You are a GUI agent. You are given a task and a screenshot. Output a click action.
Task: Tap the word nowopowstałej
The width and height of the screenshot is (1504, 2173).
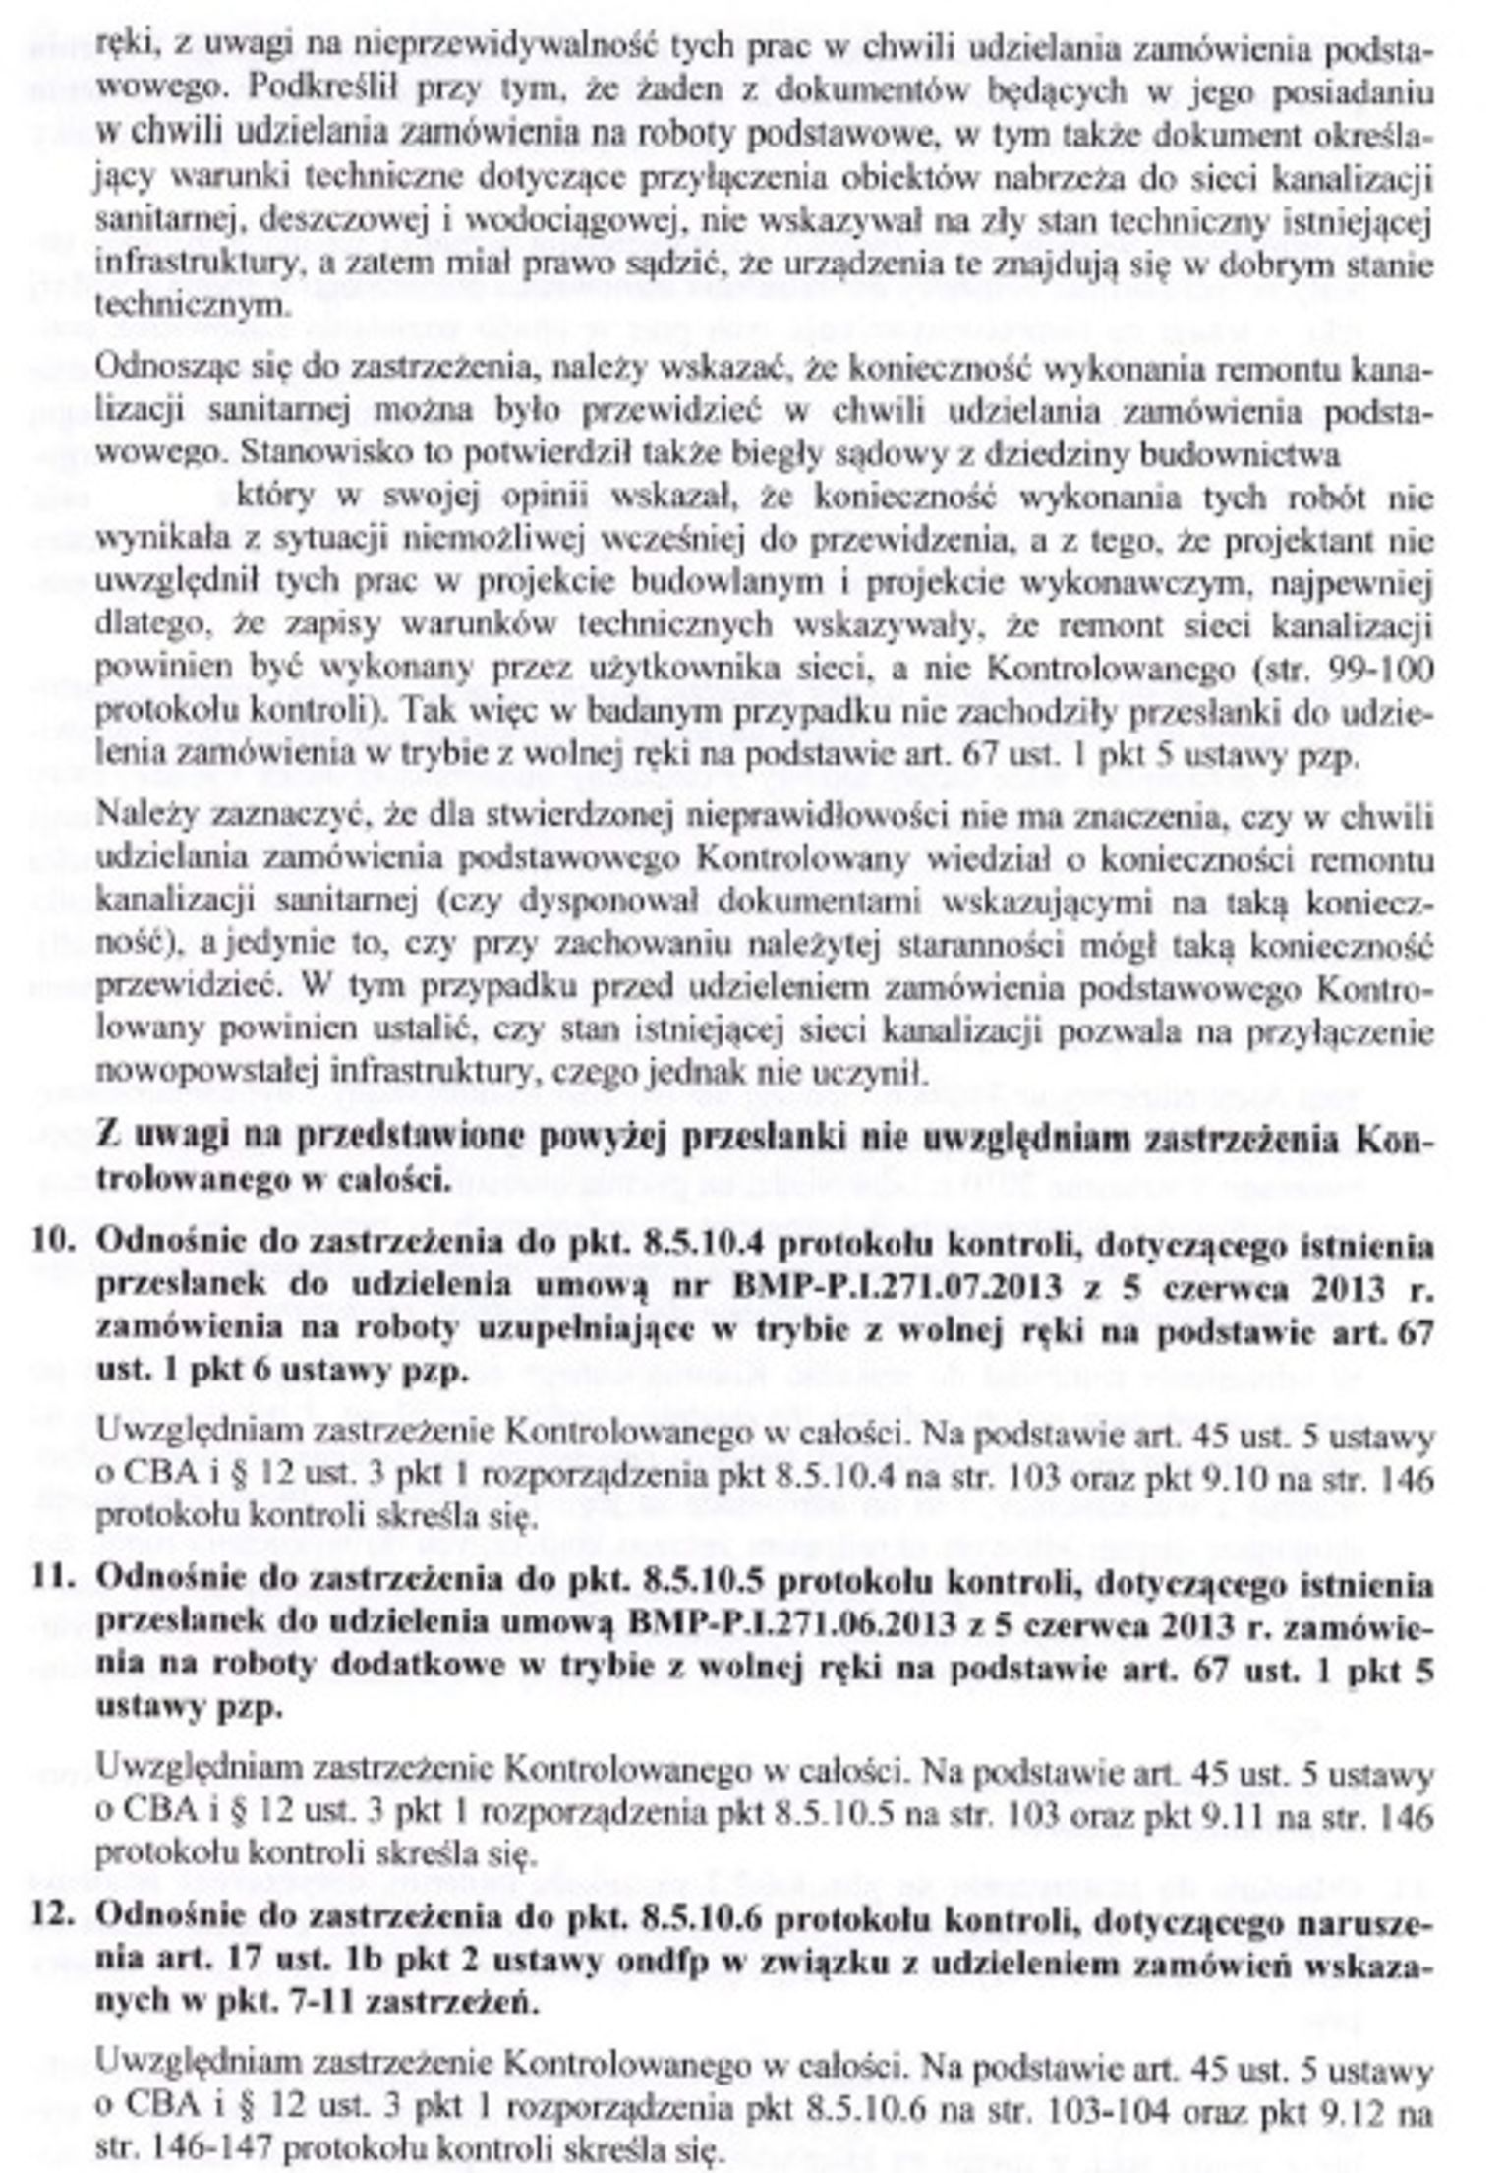click(197, 1073)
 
